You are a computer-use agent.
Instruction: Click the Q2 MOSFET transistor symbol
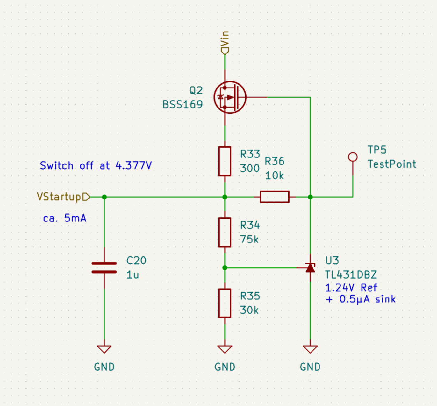pyautogui.click(x=230, y=97)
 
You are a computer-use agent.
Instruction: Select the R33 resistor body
pyautogui.click(x=225, y=161)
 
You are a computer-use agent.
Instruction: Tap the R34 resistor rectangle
pyautogui.click(x=225, y=232)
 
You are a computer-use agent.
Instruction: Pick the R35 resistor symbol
pyautogui.click(x=225, y=303)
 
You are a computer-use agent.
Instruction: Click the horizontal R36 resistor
pyautogui.click(x=274, y=197)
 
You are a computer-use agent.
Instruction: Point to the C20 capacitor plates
pyautogui.click(x=104, y=268)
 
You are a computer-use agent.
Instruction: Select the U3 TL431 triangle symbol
pyautogui.click(x=310, y=268)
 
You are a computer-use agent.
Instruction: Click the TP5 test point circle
pyautogui.click(x=353, y=157)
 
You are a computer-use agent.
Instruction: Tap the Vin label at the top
pyautogui.click(x=225, y=39)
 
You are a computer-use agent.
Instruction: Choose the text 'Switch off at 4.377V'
pyautogui.click(x=96, y=165)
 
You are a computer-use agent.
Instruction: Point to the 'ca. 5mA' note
pyautogui.click(x=65, y=218)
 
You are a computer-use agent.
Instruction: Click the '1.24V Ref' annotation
pyautogui.click(x=351, y=288)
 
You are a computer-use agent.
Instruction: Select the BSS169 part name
pyautogui.click(x=183, y=104)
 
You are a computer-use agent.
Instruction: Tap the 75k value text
pyautogui.click(x=249, y=239)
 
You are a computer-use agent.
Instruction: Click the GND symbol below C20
pyautogui.click(x=104, y=349)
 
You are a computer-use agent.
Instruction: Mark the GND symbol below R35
pyautogui.click(x=225, y=349)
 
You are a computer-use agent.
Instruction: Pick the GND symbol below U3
pyautogui.click(x=310, y=349)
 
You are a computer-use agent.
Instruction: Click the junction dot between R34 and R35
pyautogui.click(x=225, y=268)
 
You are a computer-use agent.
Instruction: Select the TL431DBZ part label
pyautogui.click(x=351, y=275)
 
